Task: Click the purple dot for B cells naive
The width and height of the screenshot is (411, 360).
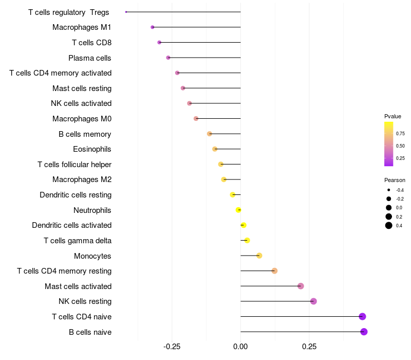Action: coord(364,332)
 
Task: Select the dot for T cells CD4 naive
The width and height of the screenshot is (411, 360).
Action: coord(362,316)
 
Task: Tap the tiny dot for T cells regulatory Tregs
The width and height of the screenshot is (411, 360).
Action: coord(126,12)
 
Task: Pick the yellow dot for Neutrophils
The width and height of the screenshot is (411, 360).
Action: coord(238,210)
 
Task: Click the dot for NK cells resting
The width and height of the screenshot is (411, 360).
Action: coord(313,301)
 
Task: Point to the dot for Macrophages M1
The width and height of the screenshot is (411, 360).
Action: coord(152,27)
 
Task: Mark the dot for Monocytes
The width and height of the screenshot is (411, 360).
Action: coord(259,256)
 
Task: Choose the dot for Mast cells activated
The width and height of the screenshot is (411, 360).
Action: coord(301,286)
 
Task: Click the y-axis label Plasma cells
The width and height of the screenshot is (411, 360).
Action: coord(90,58)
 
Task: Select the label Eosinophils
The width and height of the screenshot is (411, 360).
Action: coord(92,149)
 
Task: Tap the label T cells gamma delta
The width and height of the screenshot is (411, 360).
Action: coord(78,241)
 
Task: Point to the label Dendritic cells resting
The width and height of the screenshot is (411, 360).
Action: coord(76,195)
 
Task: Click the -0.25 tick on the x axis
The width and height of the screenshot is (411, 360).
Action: coord(172,347)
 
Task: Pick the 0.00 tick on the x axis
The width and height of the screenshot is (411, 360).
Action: coord(240,347)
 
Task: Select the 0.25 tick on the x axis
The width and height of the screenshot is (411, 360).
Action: coord(309,347)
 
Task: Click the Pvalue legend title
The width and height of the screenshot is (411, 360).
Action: coord(393,116)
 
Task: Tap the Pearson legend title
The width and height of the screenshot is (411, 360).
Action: coord(395,180)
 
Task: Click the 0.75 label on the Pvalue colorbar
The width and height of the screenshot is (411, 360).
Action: coord(400,134)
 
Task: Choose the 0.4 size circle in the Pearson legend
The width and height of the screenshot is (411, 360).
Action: coord(389,225)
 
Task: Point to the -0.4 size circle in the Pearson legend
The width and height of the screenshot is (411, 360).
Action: coord(389,190)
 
